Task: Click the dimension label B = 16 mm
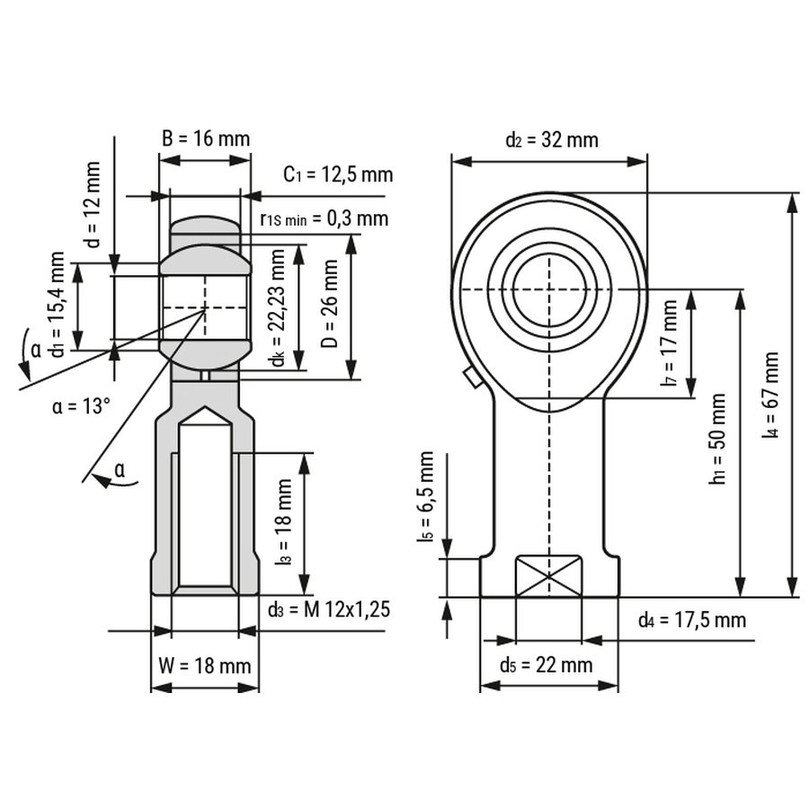click(x=205, y=138)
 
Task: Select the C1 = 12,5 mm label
click(x=338, y=174)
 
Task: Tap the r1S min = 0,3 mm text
click(x=324, y=218)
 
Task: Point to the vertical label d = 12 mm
click(x=93, y=205)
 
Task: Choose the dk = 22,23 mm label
click(x=278, y=307)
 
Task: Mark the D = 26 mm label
click(x=329, y=303)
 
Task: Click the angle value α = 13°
click(x=81, y=406)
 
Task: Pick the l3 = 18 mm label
click(x=283, y=522)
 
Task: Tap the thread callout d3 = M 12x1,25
click(x=329, y=610)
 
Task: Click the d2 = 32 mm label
click(x=552, y=140)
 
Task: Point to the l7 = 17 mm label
click(x=669, y=343)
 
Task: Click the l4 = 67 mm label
click(x=769, y=396)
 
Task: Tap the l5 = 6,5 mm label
click(x=425, y=497)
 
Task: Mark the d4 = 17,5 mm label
click(x=692, y=619)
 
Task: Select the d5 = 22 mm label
click(x=546, y=665)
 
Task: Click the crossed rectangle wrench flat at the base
click(x=548, y=576)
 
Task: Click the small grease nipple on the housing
click(x=470, y=378)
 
